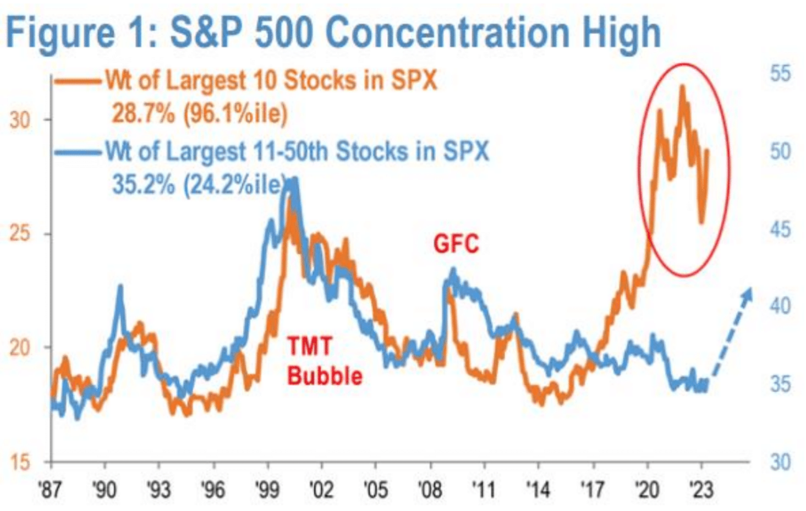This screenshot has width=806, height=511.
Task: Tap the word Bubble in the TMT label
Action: pyautogui.click(x=325, y=376)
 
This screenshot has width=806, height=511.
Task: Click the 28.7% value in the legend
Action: pyautogui.click(x=143, y=114)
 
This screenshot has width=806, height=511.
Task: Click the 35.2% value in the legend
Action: pyautogui.click(x=143, y=185)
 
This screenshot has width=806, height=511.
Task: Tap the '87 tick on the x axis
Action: pyautogui.click(x=51, y=489)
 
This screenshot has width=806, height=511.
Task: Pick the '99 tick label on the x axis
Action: pyautogui.click(x=267, y=489)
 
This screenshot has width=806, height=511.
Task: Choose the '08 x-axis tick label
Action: pyautogui.click(x=430, y=489)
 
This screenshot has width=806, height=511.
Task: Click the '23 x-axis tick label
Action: pyautogui.click(x=701, y=489)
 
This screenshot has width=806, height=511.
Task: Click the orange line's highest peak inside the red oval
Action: pyautogui.click(x=683, y=86)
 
